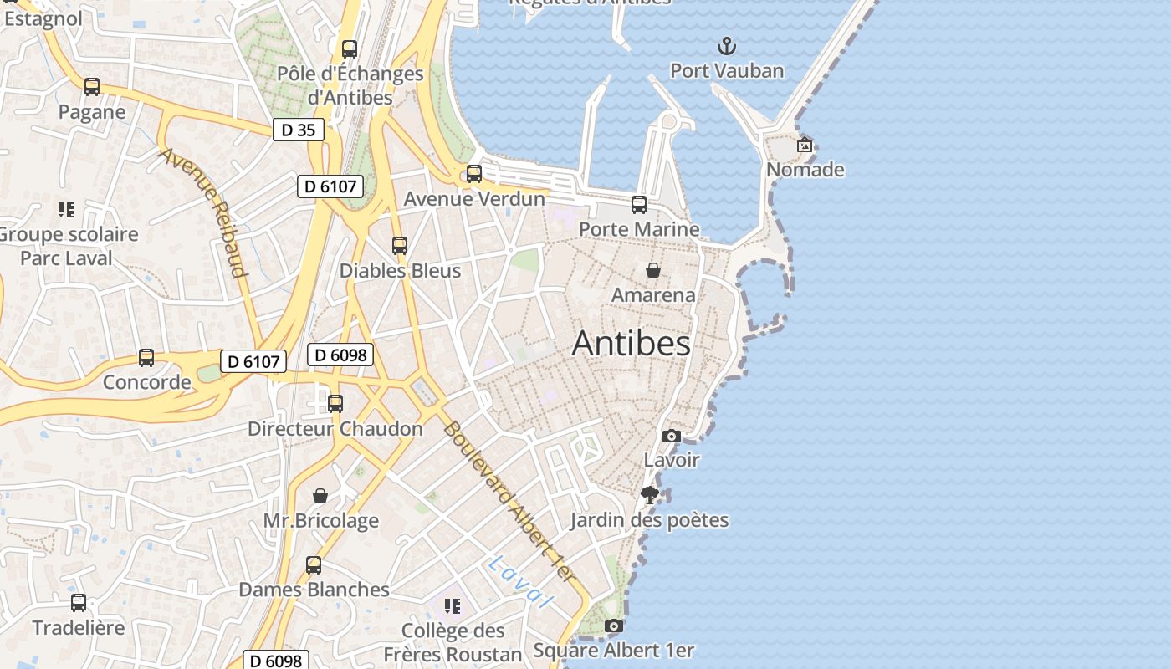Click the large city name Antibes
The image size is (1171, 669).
632,344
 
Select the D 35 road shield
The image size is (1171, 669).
298,130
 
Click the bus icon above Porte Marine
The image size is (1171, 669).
639,205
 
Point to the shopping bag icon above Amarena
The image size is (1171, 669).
653,270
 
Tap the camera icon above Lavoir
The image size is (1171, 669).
671,436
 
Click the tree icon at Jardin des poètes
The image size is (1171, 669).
649,495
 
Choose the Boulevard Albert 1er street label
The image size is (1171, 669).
509,503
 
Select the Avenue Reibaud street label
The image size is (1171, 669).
203,212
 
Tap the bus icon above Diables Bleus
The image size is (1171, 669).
400,246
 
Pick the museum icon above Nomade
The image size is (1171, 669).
805,145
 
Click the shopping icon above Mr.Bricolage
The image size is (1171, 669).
320,496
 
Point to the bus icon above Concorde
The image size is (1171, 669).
146,358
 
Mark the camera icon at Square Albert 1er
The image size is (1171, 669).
614,626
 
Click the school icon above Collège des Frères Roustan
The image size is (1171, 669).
453,605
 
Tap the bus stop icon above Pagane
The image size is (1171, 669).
92,87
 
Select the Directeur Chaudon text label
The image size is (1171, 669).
335,429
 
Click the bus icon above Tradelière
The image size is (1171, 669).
79,602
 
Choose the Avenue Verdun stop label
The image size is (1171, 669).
474,199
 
